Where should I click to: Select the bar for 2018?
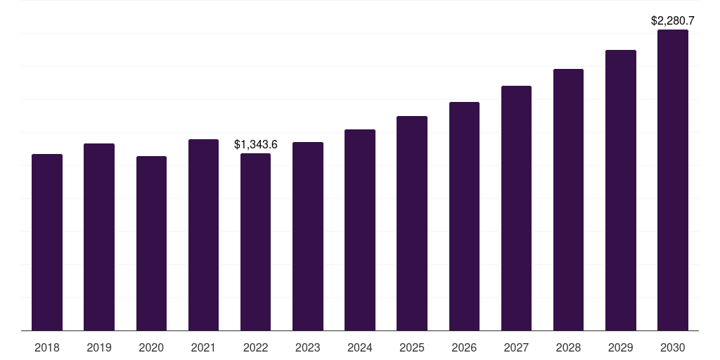click(x=47, y=243)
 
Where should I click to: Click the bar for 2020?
click(x=152, y=243)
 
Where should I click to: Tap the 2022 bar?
click(x=255, y=242)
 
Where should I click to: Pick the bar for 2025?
click(x=412, y=223)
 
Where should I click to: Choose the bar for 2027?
click(x=516, y=208)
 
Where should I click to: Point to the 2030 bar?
click(x=673, y=180)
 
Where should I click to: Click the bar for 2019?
click(x=99, y=237)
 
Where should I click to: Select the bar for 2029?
click(x=621, y=190)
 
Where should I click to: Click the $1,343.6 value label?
click(x=256, y=145)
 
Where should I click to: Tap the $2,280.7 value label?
click(x=673, y=20)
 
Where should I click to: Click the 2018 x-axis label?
click(x=47, y=348)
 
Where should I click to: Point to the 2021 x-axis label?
click(x=203, y=348)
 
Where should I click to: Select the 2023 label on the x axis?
click(x=308, y=348)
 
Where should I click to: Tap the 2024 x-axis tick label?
click(x=360, y=348)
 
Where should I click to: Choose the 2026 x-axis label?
click(x=464, y=348)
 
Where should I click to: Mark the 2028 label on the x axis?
click(x=568, y=348)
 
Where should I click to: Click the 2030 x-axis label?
click(x=673, y=348)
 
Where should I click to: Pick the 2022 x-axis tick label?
click(x=255, y=348)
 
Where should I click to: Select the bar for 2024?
click(x=360, y=230)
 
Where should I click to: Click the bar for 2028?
click(x=568, y=200)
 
